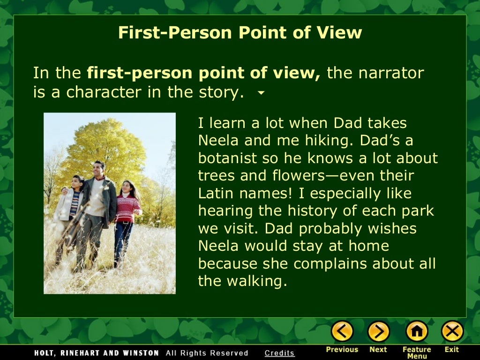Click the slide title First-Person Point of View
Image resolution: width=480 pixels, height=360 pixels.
point(240,33)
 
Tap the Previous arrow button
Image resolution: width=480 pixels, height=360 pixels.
point(342,332)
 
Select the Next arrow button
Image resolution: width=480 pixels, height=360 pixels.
point(378,332)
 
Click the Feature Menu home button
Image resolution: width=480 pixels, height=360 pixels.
point(416,332)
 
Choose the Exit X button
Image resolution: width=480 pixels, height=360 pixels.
point(452,332)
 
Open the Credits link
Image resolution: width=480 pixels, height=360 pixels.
point(279,353)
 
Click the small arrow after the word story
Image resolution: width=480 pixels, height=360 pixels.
point(262,93)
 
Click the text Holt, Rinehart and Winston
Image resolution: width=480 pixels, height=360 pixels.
point(97,353)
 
